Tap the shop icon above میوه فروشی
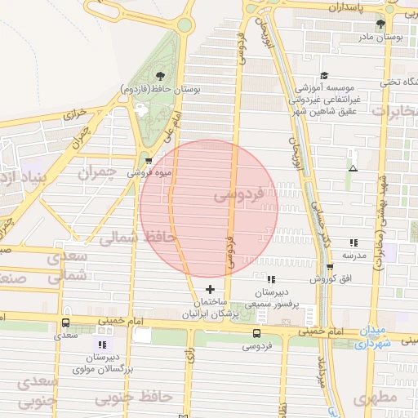(x=147, y=160)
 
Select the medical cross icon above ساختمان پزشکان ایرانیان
(x=211, y=290)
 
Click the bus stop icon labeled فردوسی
(x=257, y=333)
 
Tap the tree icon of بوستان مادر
(x=380, y=24)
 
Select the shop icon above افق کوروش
(x=330, y=267)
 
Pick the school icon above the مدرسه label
(x=354, y=242)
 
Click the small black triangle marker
(x=353, y=168)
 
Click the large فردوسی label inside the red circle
(x=238, y=196)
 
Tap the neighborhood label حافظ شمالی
(x=128, y=238)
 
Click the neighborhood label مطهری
(x=375, y=398)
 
